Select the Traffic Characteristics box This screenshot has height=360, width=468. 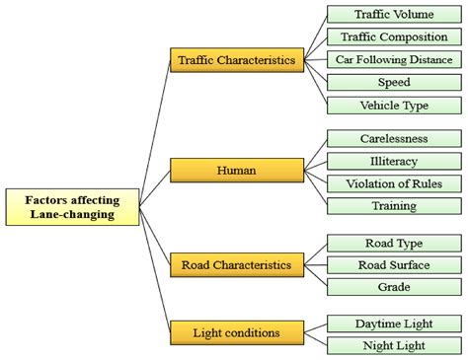(235, 60)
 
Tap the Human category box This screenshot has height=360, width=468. (235, 171)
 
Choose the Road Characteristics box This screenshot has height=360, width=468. (235, 264)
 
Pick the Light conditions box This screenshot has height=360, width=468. (235, 332)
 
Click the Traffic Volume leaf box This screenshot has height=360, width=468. (393, 14)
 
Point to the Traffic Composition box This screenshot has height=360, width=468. (393, 36)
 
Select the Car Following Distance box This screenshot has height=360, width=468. (393, 59)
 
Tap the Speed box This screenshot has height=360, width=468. (393, 83)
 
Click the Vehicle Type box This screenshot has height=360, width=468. (393, 106)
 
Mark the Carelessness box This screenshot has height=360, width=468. (393, 139)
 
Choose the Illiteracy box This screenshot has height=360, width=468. (393, 161)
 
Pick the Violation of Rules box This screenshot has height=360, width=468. (393, 183)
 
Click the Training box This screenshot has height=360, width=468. (393, 206)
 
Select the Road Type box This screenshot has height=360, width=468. (393, 242)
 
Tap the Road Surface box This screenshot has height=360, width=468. (393, 264)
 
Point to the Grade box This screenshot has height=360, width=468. (393, 287)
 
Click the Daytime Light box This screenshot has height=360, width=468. (393, 323)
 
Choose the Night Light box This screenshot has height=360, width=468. (393, 345)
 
